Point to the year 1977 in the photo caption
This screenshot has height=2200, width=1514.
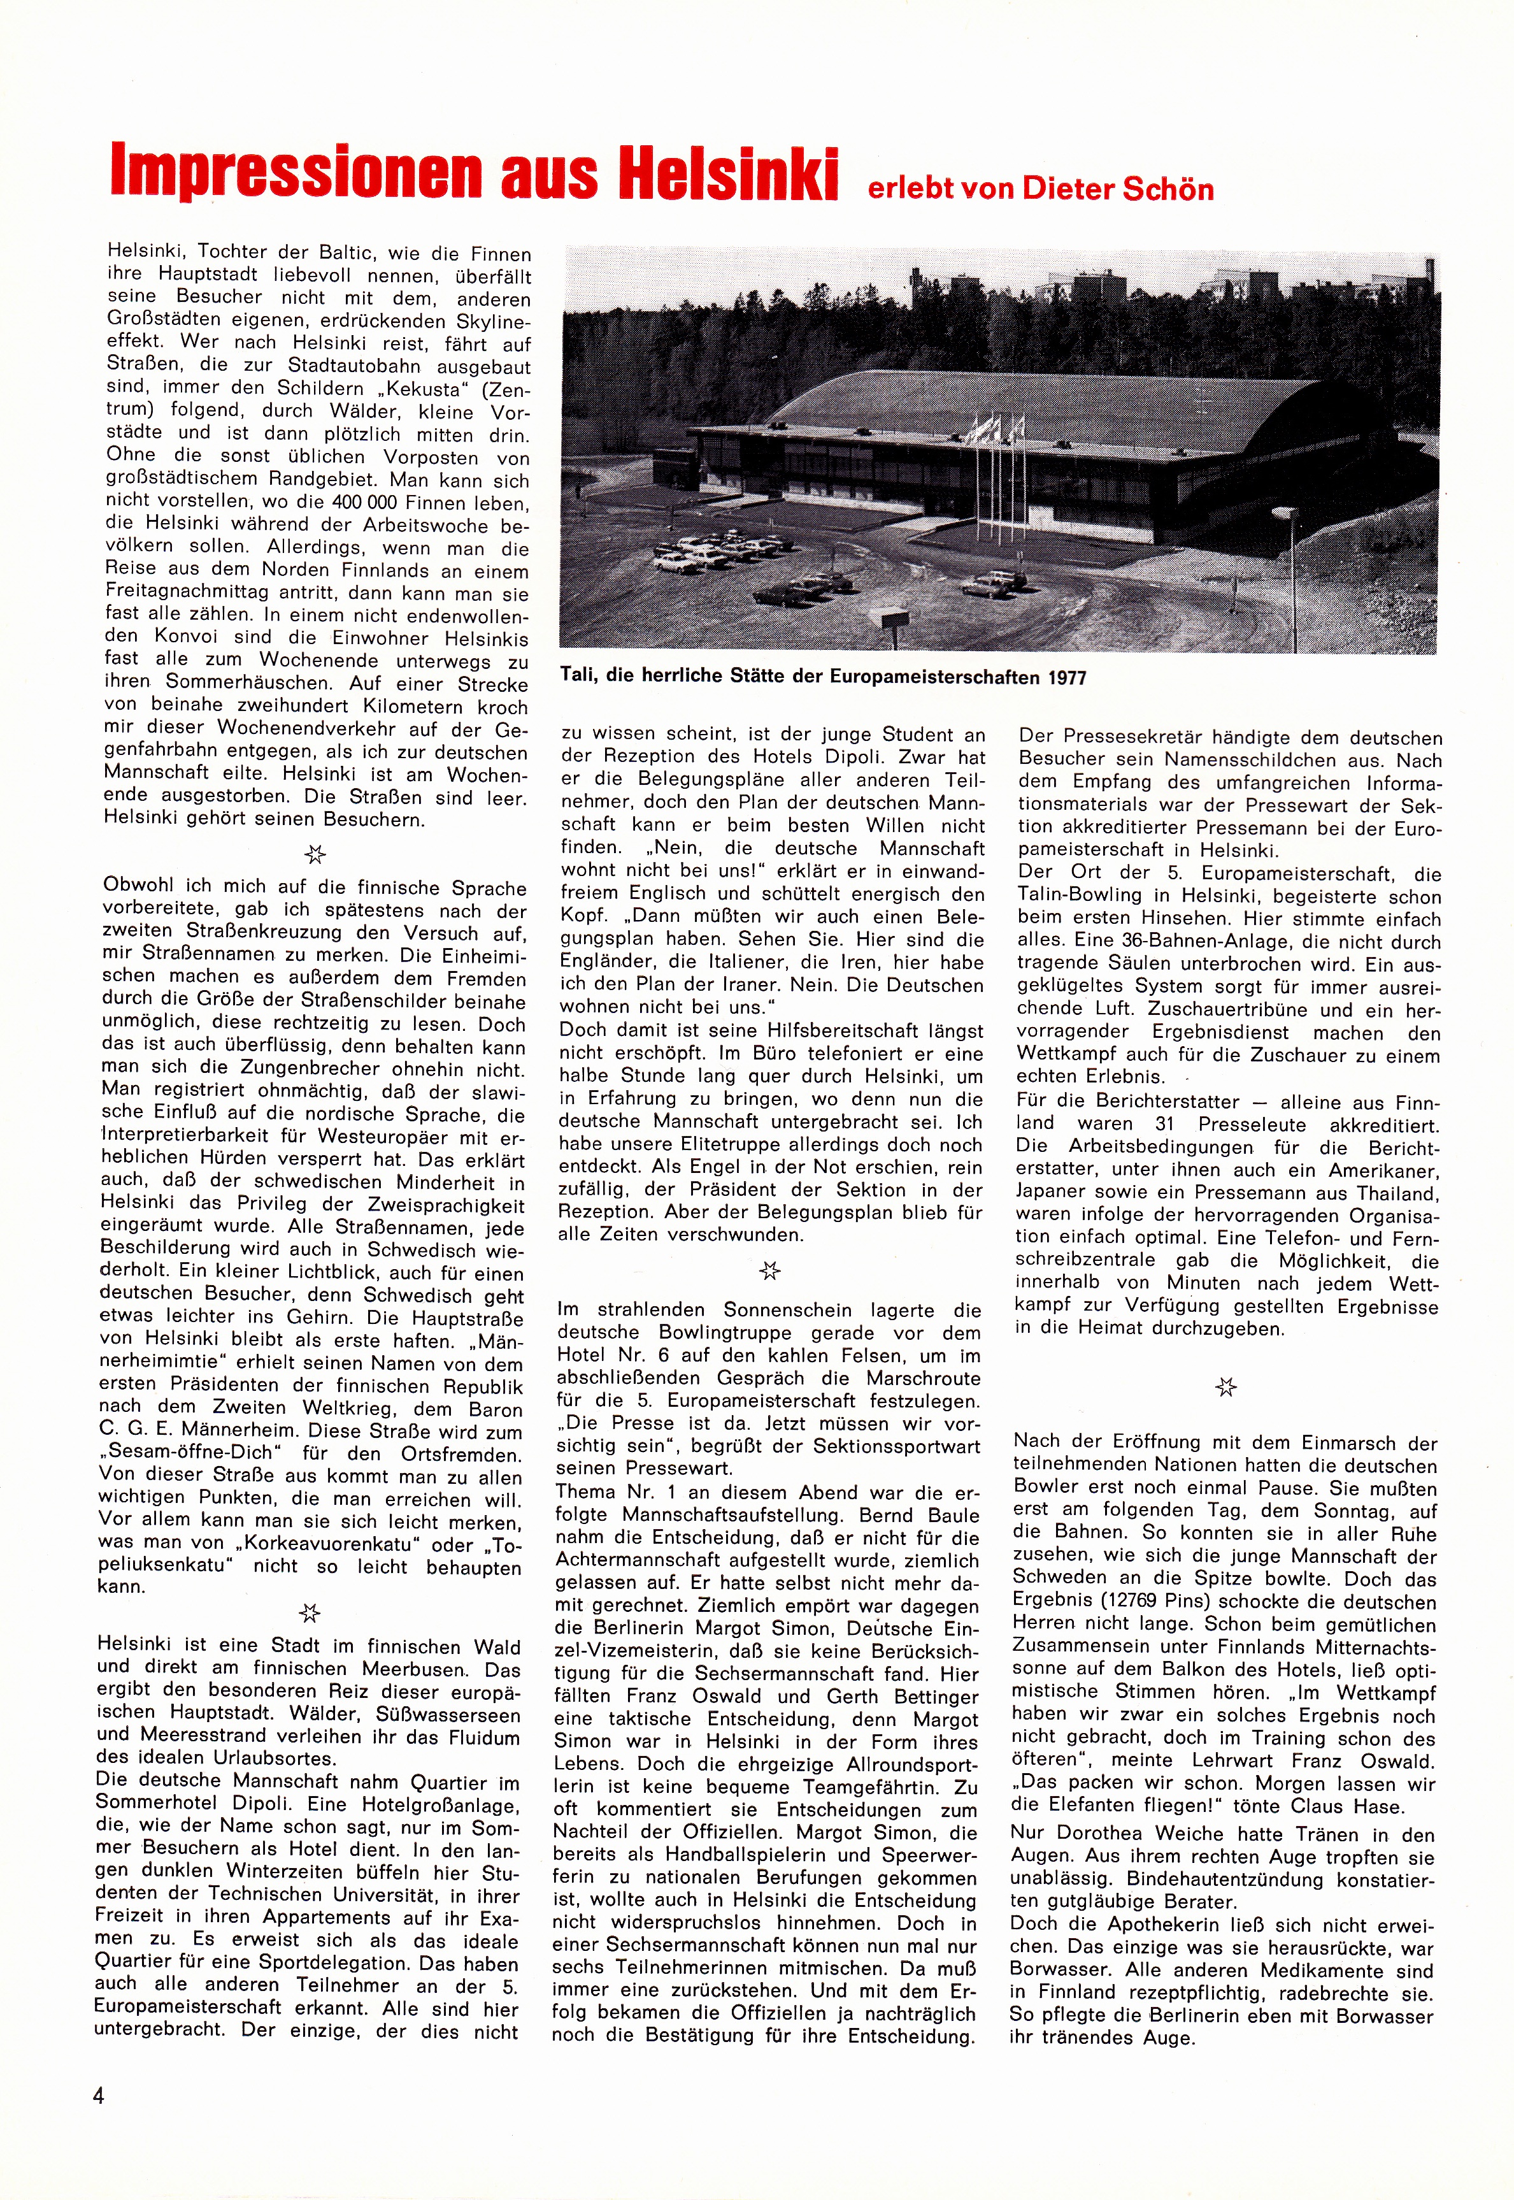pyautogui.click(x=1068, y=679)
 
